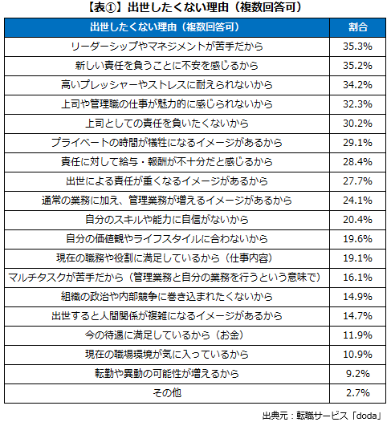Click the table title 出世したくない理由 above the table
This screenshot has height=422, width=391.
coord(195,10)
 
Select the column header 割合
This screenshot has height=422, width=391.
coord(359,28)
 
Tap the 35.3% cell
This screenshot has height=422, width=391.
coord(359,47)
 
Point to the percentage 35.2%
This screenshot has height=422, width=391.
coord(359,65)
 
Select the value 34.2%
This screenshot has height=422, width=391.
coord(359,84)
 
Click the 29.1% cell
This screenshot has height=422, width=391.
coord(359,142)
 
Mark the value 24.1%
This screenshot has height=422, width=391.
coord(359,199)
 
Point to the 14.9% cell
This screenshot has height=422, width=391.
coord(359,294)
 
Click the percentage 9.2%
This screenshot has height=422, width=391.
coord(359,371)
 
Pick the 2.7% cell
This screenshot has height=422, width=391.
coord(359,391)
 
